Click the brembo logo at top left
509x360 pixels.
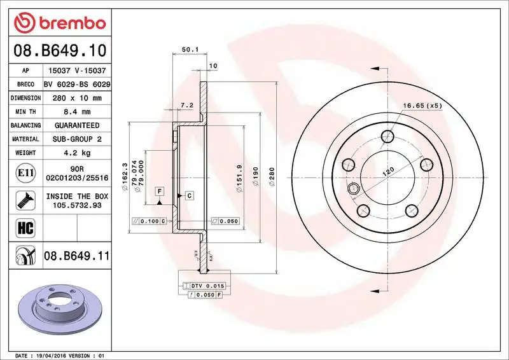(58, 24)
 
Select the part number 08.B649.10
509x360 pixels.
(59, 50)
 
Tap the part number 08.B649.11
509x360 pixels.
(77, 256)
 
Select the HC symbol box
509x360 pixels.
(24, 228)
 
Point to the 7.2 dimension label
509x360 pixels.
(187, 105)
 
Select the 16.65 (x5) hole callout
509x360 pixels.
(422, 106)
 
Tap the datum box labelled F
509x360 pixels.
(159, 191)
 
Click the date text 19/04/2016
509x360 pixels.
(57, 356)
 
